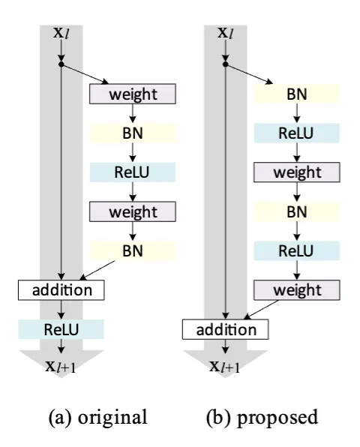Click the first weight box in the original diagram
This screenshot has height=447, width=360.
point(132,94)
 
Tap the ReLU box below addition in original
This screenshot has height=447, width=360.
point(61,328)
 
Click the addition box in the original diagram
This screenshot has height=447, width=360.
point(61,289)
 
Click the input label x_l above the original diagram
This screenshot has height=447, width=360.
point(59,34)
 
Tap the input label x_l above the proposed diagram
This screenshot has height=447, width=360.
point(225,34)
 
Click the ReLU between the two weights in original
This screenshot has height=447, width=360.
point(132,172)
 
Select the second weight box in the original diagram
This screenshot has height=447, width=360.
point(132,211)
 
